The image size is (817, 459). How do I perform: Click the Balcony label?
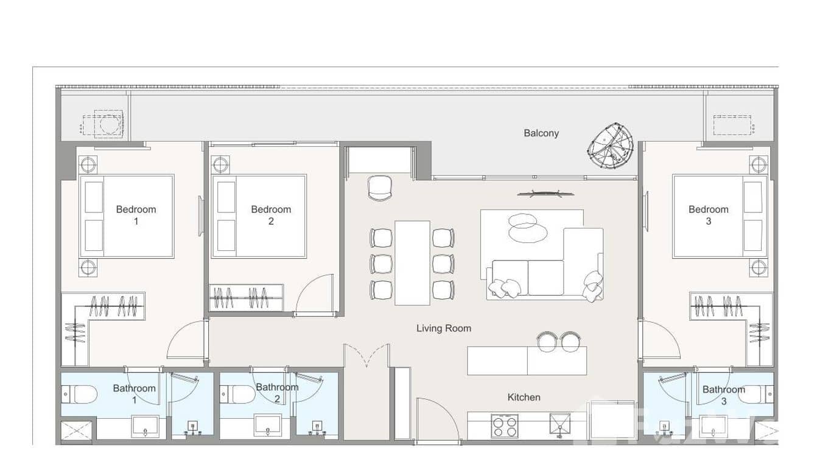pyautogui.click(x=541, y=133)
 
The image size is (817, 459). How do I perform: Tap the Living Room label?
pyautogui.click(x=443, y=328)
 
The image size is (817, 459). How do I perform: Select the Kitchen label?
pyautogui.click(x=524, y=398)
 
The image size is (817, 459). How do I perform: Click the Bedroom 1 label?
pyautogui.click(x=136, y=215)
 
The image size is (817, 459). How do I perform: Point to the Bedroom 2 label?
pyautogui.click(x=271, y=215)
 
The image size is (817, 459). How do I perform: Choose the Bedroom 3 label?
pyautogui.click(x=708, y=215)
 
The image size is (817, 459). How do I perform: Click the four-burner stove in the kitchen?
pyautogui.click(x=505, y=426)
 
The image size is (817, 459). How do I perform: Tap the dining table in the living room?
pyautogui.click(x=412, y=262)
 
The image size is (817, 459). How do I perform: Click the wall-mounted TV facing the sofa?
pyautogui.click(x=545, y=194)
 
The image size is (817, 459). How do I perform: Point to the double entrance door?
pyautogui.click(x=366, y=356)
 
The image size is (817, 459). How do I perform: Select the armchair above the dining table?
pyautogui.click(x=380, y=187)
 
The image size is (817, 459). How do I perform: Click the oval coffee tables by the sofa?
pyautogui.click(x=522, y=226)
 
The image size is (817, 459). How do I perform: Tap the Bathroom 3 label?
pyautogui.click(x=723, y=395)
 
